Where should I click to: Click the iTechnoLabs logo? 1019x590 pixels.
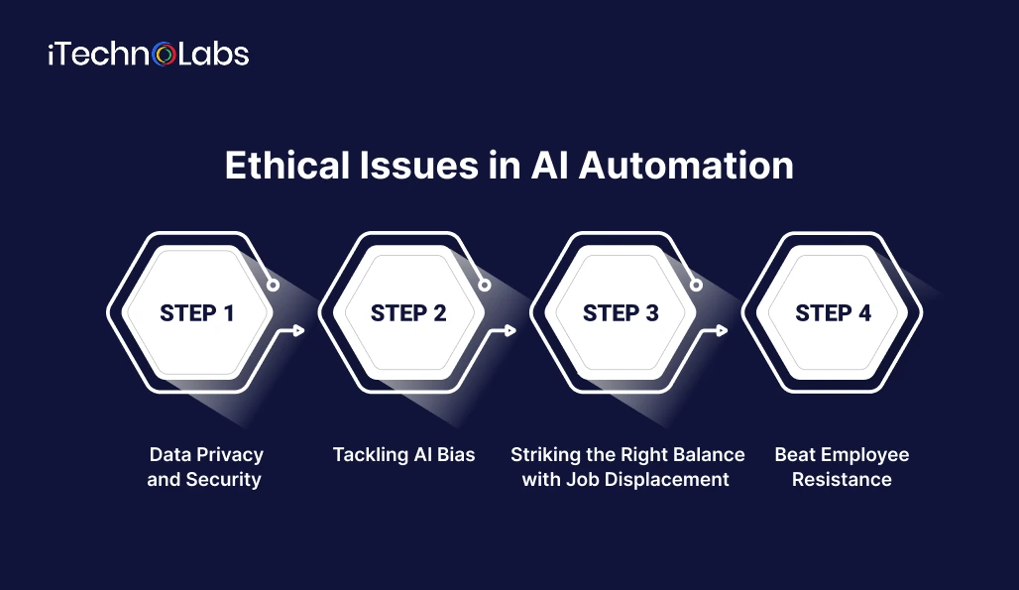point(148,54)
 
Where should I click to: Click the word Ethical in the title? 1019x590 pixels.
point(288,166)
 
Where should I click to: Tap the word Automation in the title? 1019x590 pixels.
point(686,166)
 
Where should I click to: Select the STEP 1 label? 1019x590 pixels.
point(197,313)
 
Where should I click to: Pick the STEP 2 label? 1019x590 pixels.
point(408,313)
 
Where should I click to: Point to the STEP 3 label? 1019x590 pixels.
point(621,313)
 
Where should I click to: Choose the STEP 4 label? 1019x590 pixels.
point(833,313)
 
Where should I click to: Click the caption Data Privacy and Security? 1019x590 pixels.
point(205,467)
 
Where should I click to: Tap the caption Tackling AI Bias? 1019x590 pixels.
point(403,455)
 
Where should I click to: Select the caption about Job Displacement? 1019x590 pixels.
point(627,467)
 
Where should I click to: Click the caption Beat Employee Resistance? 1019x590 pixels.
point(842,467)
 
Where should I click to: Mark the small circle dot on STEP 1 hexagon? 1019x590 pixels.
point(273,286)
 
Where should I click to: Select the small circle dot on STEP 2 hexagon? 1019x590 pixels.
point(485,286)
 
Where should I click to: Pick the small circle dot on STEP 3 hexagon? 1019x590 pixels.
point(697,286)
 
